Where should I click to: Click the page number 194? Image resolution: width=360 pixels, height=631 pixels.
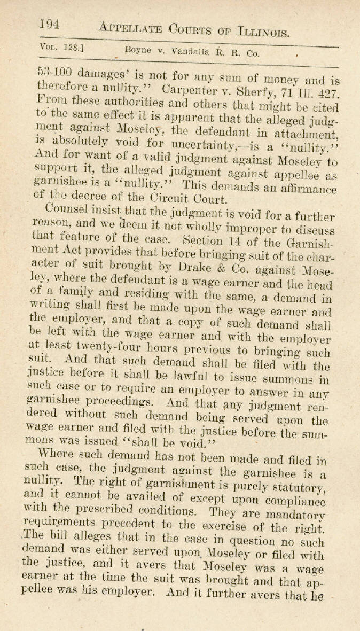coord(49,24)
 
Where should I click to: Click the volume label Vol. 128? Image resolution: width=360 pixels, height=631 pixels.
coord(58,47)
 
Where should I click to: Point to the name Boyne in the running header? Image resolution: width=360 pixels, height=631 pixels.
coord(137,51)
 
